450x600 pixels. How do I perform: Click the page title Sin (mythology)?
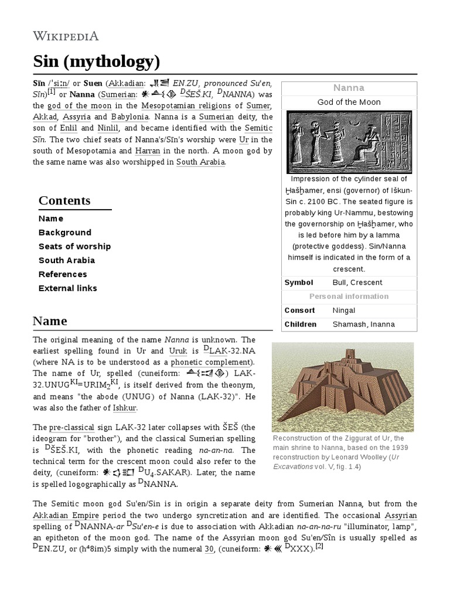(96, 60)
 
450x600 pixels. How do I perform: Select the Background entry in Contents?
(65, 233)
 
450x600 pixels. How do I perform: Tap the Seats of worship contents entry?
(74, 247)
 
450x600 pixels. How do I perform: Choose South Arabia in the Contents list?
(67, 261)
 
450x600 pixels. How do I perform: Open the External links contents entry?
(68, 288)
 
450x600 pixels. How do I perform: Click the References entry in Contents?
(63, 274)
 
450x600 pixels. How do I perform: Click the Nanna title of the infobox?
(349, 88)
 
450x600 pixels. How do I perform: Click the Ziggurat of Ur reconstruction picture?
(343, 387)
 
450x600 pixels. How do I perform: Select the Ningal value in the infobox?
(344, 311)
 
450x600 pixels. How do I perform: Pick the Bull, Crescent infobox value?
(357, 282)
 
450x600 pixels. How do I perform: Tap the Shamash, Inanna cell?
(364, 325)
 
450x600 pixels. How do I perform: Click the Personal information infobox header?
(349, 296)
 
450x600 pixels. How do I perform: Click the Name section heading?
(50, 321)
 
